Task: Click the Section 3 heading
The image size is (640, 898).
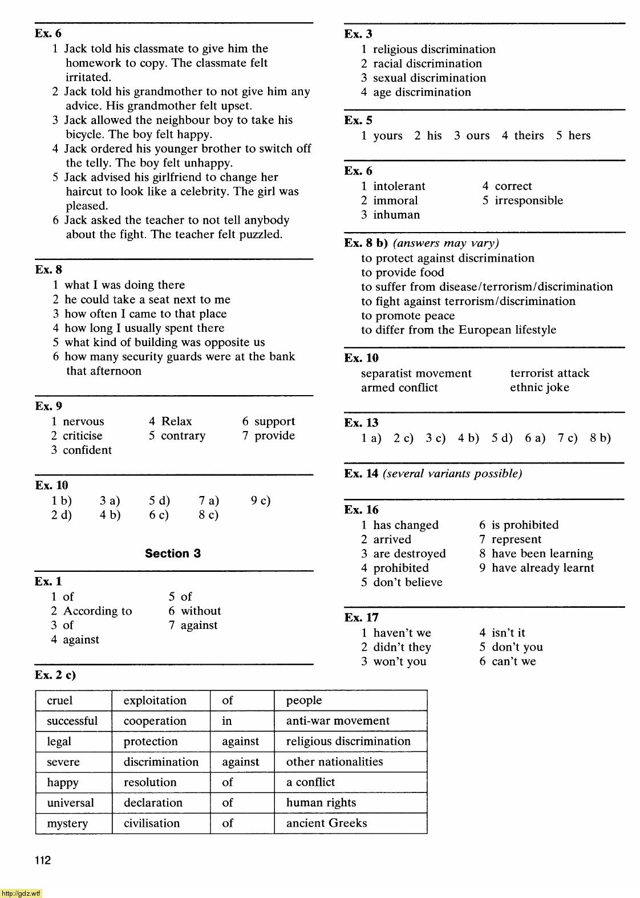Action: point(173,554)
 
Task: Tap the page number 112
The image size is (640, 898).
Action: point(43,860)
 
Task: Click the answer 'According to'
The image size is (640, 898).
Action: point(98,611)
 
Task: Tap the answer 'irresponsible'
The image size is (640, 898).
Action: point(529,201)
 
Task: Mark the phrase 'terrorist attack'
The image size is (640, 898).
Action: point(549,373)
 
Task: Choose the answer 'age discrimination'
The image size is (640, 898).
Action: point(422,92)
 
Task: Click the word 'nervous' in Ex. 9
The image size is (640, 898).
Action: point(83,422)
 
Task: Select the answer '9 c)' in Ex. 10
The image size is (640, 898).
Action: point(261,501)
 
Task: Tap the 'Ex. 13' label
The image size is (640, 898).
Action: point(361,423)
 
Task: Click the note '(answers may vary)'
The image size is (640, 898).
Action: point(446,243)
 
